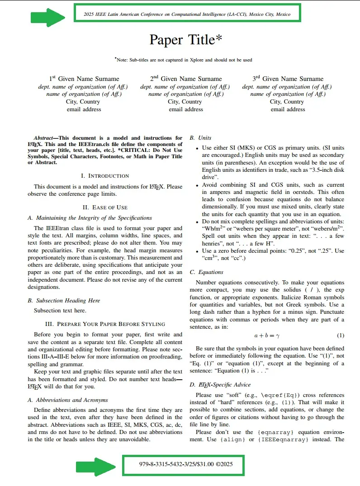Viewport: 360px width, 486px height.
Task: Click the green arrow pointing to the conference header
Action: (x=47, y=18)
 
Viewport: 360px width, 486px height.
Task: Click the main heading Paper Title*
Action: (x=186, y=40)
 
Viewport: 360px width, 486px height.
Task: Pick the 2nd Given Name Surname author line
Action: (x=186, y=79)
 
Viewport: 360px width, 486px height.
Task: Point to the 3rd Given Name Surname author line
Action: (x=288, y=79)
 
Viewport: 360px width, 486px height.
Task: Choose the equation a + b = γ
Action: (x=267, y=336)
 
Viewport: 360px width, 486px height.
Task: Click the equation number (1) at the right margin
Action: (x=341, y=336)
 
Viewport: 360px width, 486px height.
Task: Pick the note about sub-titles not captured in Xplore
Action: (x=184, y=60)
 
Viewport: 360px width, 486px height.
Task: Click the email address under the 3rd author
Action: (x=288, y=109)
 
